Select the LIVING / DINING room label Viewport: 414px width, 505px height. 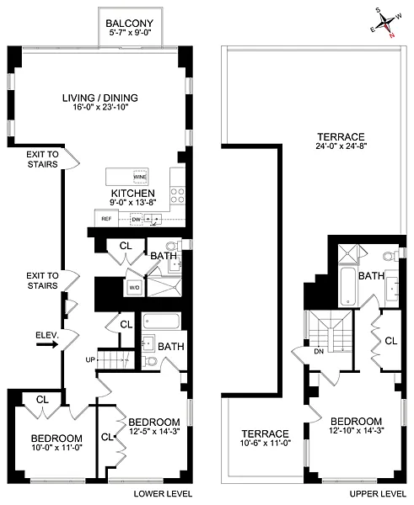(99, 98)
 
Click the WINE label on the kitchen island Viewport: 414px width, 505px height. (139, 178)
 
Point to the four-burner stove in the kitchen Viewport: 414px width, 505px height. (178, 195)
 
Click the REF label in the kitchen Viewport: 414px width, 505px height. (106, 219)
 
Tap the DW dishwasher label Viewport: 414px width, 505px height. (135, 219)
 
